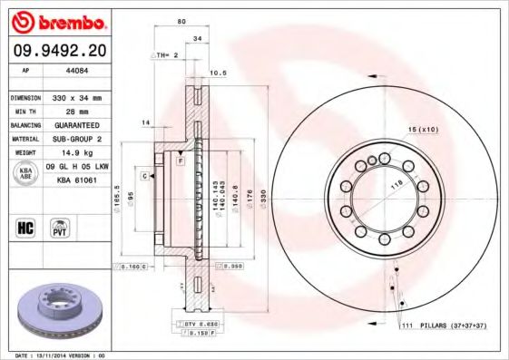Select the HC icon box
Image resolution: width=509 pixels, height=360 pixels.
point(26,227)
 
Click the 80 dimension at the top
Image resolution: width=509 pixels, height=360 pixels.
point(181,20)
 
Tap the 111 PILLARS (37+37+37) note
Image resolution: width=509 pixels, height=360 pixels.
point(445,324)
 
